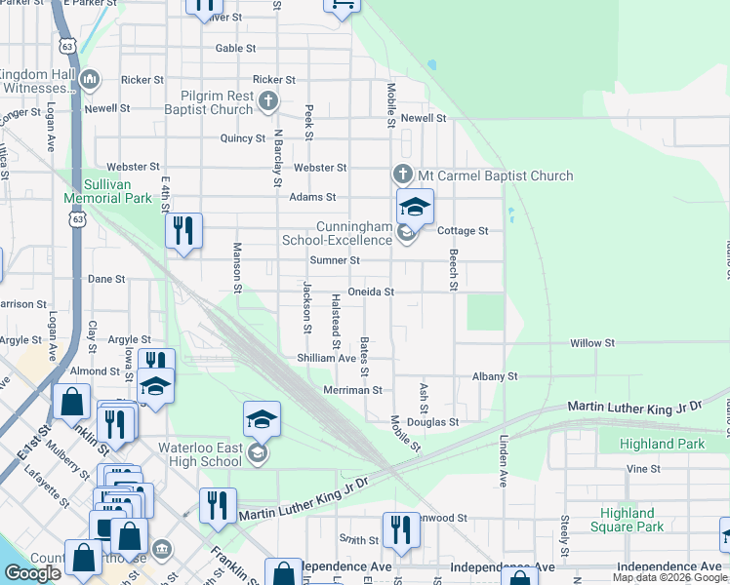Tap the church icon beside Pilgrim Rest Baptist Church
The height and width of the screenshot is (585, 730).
pyautogui.click(x=268, y=99)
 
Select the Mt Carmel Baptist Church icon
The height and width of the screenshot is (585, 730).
pyautogui.click(x=403, y=175)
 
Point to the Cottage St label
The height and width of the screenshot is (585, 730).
pyautogui.click(x=462, y=231)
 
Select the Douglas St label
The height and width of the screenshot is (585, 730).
pyautogui.click(x=433, y=422)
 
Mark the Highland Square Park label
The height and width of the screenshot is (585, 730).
pyautogui.click(x=628, y=520)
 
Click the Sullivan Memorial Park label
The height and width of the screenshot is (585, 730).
pyautogui.click(x=107, y=190)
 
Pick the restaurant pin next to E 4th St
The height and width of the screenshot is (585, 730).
pyautogui.click(x=182, y=231)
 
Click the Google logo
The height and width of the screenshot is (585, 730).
pyautogui.click(x=32, y=573)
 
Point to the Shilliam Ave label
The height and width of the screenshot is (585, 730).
pyautogui.click(x=327, y=358)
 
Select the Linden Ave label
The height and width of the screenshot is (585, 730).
pyautogui.click(x=504, y=460)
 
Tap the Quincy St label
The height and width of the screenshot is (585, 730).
pyautogui.click(x=242, y=138)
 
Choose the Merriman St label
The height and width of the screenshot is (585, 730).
pyautogui.click(x=352, y=390)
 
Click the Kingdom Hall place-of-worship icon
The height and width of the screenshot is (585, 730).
pyautogui.click(x=90, y=79)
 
